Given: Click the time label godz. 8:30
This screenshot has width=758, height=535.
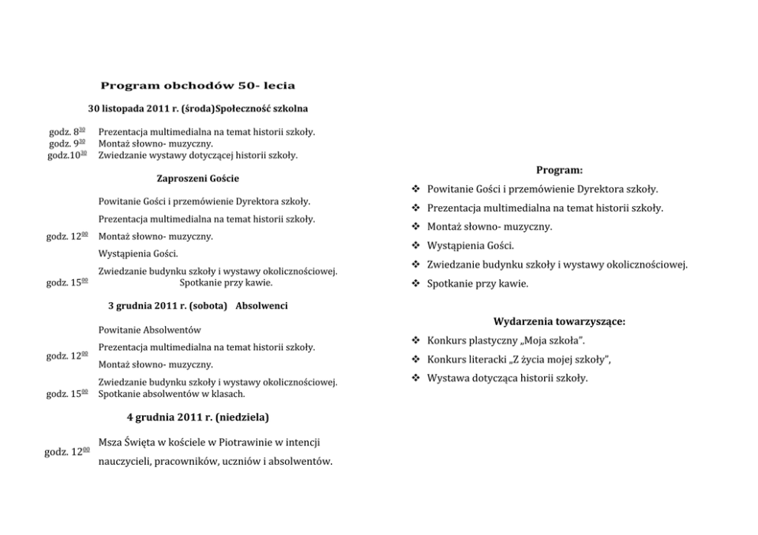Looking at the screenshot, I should tap(67, 132).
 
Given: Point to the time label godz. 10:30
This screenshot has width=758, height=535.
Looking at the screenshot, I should tap(67, 155).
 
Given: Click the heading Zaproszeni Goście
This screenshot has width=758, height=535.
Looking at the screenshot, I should tap(198, 179).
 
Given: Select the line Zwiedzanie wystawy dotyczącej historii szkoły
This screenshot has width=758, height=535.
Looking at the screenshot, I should tap(198, 155).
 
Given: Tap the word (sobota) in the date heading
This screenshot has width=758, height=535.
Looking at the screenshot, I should tap(209, 305).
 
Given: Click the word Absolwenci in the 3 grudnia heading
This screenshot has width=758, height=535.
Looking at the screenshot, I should tap(262, 305).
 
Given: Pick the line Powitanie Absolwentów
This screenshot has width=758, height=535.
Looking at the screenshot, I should tap(150, 330).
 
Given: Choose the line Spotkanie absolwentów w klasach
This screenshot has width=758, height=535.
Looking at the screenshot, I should tap(172, 394).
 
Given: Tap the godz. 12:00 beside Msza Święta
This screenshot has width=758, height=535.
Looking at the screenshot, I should tap(67, 452).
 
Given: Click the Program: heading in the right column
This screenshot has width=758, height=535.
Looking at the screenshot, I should tap(559, 170).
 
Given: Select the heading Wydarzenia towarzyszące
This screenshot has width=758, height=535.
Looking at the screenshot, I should tap(559, 321).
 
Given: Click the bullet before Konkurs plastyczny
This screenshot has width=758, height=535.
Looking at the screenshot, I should tap(416, 340).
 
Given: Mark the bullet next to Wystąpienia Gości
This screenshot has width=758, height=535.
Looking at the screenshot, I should tap(416, 246).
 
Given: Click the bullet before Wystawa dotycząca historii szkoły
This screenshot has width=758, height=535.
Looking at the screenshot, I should tap(416, 379).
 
